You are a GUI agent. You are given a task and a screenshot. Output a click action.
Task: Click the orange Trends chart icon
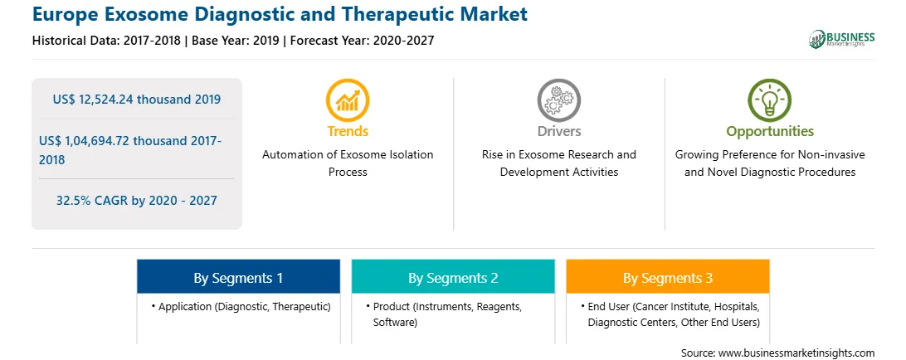tap(348, 100)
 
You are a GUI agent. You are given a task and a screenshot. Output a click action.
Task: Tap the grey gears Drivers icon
tap(558, 100)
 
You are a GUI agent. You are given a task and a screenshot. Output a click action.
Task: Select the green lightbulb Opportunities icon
tap(770, 100)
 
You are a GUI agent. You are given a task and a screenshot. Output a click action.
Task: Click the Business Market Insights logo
tap(842, 39)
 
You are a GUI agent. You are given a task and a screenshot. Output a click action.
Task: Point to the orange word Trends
tap(348, 131)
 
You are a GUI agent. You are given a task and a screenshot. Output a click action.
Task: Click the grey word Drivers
tap(558, 131)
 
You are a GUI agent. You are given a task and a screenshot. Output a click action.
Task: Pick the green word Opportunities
tap(770, 132)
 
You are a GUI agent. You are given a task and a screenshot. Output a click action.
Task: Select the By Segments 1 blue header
tap(238, 278)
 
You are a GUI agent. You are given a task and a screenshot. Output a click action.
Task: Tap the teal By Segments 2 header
tap(453, 278)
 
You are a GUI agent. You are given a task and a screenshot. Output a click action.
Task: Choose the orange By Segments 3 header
tap(667, 278)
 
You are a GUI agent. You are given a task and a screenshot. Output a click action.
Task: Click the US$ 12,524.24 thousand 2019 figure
tap(136, 99)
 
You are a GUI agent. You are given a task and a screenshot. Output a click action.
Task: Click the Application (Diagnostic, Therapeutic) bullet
tap(241, 307)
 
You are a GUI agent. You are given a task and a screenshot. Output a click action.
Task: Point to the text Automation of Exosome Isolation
tap(348, 155)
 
